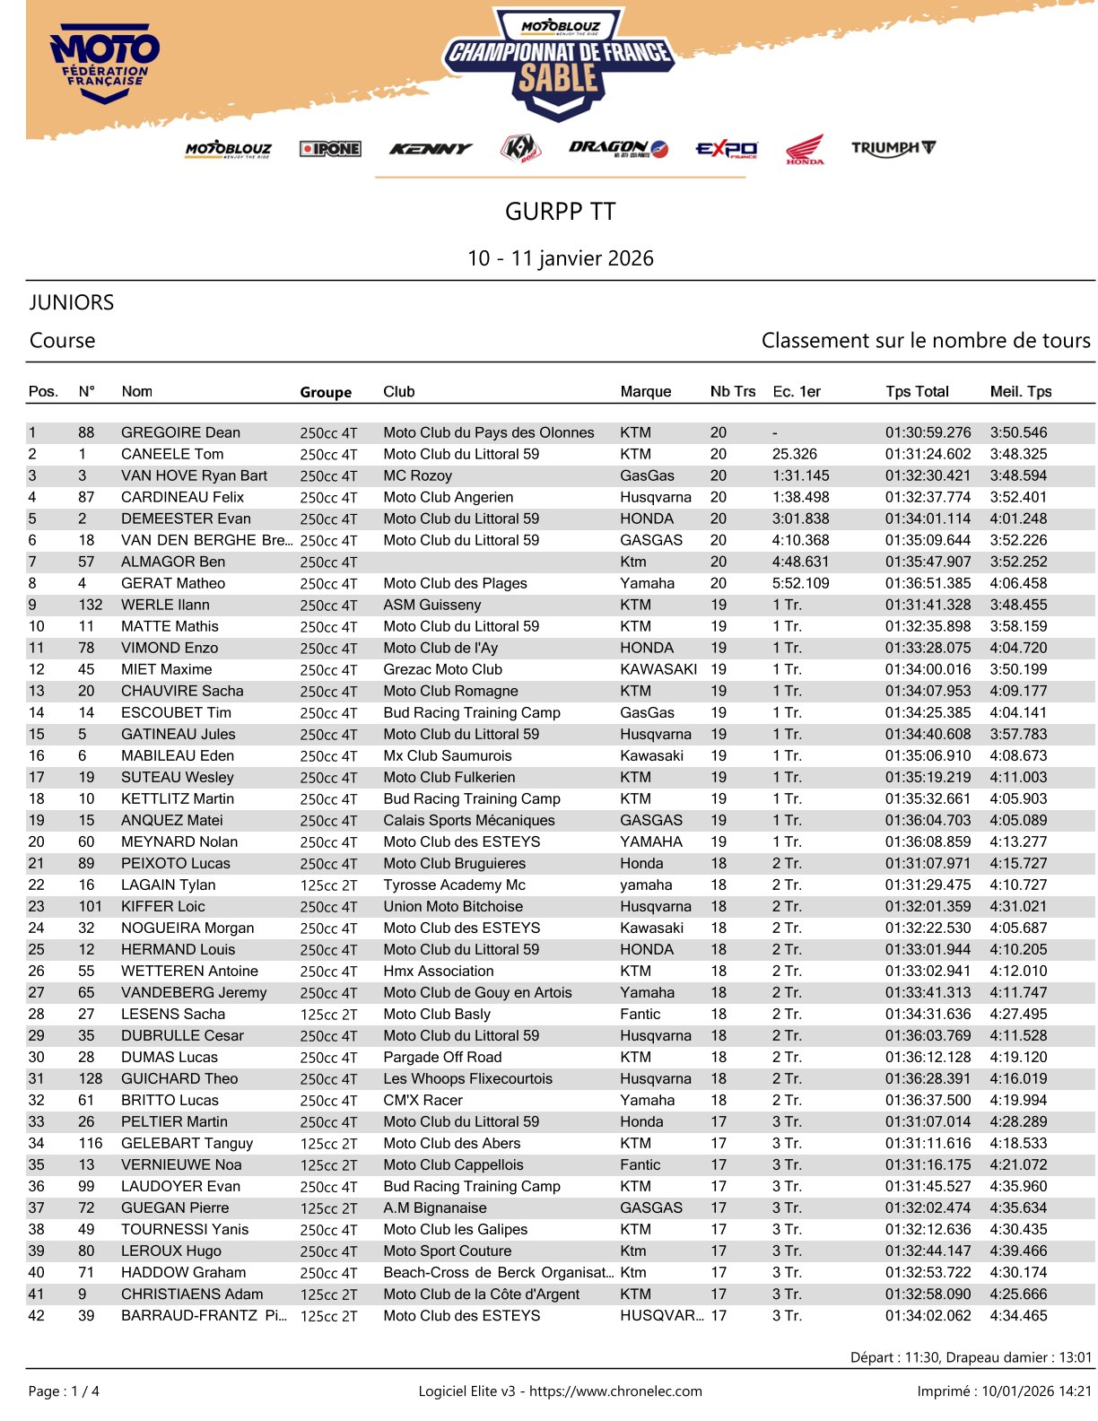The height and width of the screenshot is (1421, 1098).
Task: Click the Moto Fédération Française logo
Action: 105,63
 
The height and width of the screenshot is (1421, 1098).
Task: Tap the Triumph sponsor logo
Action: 893,148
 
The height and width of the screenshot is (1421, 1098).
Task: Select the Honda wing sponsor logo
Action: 805,149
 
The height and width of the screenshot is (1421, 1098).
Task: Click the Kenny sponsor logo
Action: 430,149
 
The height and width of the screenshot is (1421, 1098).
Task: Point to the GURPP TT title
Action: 560,212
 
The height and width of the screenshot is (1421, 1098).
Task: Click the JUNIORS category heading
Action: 72,302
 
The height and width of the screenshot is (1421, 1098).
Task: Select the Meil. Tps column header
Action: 1021,391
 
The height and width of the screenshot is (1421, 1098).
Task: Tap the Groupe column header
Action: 326,392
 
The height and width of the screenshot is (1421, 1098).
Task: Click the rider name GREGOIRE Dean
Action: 180,432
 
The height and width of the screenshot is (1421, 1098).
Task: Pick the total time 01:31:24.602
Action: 928,454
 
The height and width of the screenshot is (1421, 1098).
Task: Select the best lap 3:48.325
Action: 1018,454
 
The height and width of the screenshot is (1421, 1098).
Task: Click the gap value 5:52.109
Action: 800,583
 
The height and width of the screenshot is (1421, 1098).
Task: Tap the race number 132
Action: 91,605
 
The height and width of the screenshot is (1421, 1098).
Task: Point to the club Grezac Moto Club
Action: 442,669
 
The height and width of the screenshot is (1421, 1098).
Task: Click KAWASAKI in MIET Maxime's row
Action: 658,669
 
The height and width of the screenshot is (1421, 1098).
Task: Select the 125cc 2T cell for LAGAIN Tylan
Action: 328,885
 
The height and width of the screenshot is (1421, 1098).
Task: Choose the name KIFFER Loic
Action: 162,906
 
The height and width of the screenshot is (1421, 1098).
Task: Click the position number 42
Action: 37,1315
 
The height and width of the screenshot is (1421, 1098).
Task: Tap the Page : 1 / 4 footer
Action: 64,1391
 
